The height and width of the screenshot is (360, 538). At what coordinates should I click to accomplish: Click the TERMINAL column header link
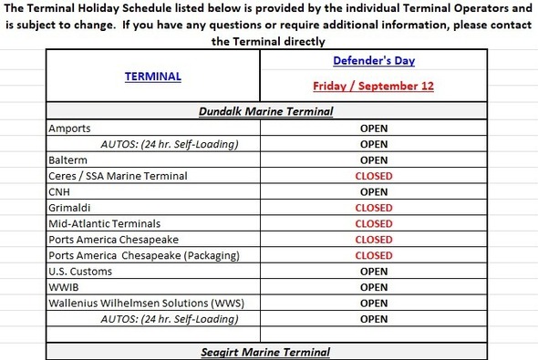(x=152, y=77)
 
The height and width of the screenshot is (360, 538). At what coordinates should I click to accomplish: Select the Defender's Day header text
(x=373, y=60)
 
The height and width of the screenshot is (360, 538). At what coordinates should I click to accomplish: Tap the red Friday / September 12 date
(x=373, y=87)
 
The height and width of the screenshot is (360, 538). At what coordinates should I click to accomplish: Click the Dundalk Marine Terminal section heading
(x=265, y=112)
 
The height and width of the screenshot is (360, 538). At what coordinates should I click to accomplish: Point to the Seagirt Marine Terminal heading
(x=265, y=352)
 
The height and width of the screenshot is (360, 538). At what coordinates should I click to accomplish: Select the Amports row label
(x=70, y=129)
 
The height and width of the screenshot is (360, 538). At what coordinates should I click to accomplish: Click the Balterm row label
(x=68, y=159)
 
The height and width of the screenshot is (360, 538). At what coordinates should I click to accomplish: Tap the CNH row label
(x=57, y=191)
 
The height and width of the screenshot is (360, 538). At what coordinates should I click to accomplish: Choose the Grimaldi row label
(x=69, y=208)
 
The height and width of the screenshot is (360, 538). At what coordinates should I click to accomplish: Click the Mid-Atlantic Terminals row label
(x=104, y=223)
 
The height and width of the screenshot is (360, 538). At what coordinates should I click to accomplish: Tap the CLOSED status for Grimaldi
(x=373, y=208)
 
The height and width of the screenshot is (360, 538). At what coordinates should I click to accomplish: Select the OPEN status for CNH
(x=373, y=192)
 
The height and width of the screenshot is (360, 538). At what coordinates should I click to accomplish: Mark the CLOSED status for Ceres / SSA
(x=373, y=176)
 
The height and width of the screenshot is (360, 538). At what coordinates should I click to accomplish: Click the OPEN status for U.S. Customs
(x=373, y=272)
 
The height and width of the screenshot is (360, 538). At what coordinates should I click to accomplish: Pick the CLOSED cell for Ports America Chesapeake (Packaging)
(x=373, y=255)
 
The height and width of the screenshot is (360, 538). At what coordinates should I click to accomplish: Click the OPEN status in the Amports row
(x=373, y=129)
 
